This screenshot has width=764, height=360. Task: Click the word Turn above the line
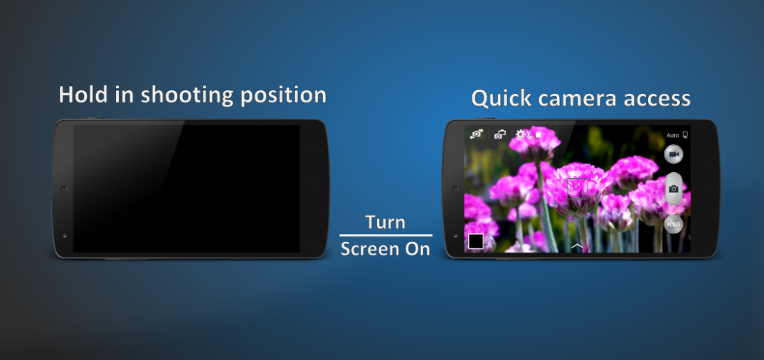click(385, 222)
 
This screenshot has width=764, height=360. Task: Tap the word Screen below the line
click(368, 249)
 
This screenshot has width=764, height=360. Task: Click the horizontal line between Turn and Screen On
click(386, 235)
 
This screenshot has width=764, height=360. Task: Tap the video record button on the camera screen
click(674, 154)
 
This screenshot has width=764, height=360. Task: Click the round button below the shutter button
click(674, 224)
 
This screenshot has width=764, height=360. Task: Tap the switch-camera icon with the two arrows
click(476, 134)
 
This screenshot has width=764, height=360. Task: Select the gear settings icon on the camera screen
click(521, 134)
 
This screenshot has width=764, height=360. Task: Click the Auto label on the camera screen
click(672, 135)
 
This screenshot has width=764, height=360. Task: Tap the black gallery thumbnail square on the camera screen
click(476, 242)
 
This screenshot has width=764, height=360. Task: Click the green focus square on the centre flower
click(578, 189)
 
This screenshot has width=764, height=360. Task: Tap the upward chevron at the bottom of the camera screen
click(577, 246)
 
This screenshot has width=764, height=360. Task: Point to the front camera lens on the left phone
click(64, 189)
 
